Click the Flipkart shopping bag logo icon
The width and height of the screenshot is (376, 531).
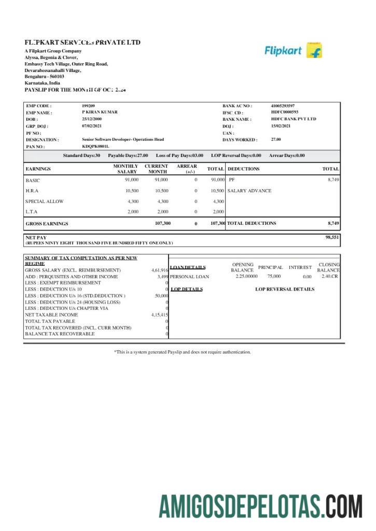314,50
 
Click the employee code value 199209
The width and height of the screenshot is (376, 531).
88,106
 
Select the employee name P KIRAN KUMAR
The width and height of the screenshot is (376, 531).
100,112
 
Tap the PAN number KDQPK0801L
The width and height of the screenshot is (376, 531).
95,147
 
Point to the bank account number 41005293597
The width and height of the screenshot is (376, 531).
283,106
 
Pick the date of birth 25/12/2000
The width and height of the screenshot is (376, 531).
93,119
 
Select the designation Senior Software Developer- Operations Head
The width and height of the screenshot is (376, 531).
122,139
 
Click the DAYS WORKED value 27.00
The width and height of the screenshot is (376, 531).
276,139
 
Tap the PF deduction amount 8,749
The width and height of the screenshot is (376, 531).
333,179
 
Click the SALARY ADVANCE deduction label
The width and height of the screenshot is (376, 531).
249,191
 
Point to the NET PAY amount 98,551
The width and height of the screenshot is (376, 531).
332,237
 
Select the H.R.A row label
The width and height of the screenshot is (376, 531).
32,191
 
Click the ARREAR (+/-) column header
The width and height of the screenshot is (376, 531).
187,169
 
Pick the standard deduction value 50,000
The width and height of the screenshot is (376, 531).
161,296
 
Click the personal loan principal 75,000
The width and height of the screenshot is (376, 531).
274,277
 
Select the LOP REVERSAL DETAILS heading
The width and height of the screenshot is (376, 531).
284,289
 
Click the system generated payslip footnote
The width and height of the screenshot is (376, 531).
183,352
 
